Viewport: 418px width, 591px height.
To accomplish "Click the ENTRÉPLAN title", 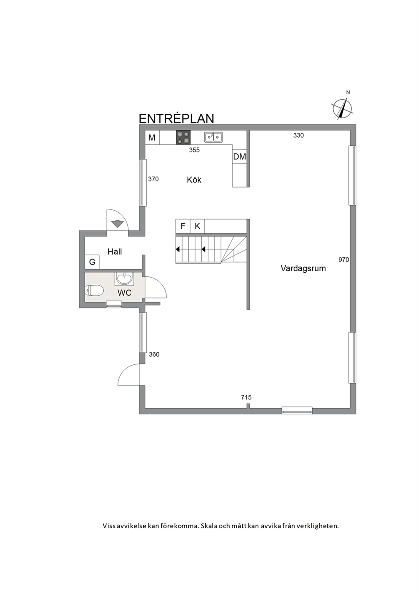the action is pos(176,119).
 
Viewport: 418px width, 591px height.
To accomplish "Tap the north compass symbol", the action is pos(342,108).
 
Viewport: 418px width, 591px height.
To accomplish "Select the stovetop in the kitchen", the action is pos(183,137).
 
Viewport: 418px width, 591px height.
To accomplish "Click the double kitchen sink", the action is pos(214,137).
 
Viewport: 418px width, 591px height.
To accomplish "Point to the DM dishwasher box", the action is pos(240,157).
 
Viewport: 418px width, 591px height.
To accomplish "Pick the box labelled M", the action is pos(152,137).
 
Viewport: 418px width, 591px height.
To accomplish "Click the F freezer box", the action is pos(183,226).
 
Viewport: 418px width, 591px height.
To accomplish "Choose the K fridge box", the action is pos(197,226).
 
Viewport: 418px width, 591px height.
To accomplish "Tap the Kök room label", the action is pos(194,180).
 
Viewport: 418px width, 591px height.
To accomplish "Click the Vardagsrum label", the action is pos(303,269).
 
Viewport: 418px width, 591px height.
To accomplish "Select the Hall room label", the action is pos(115,252).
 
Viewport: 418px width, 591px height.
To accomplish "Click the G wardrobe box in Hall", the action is pos(92,262).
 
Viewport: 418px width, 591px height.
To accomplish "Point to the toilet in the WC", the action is pos(94,291).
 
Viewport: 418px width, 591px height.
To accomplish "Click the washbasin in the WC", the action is pos(124,278).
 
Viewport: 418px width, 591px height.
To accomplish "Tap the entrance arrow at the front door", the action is pos(118,224).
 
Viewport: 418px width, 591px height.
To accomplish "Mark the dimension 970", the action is pos(343,260).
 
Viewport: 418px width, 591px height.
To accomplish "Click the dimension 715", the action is pos(246,397).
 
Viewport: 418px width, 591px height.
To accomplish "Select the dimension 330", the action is pos(298,135).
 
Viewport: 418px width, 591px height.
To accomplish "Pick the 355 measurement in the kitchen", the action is pos(195,150).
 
